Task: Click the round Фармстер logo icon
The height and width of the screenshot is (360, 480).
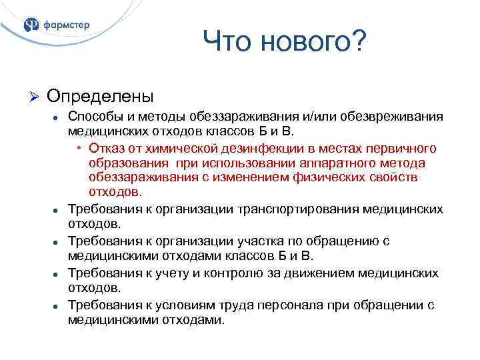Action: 31,25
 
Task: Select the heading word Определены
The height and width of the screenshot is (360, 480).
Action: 100,96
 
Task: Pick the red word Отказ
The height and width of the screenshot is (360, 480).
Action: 107,147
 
